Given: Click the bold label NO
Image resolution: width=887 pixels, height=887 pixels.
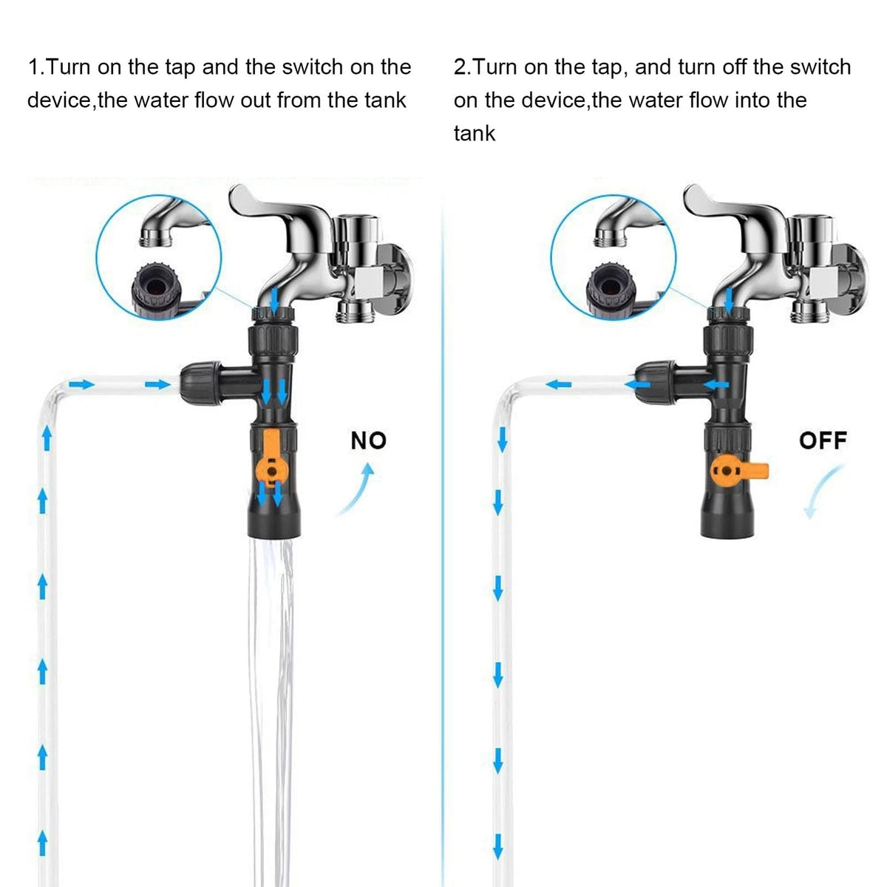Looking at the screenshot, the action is pos(368,441).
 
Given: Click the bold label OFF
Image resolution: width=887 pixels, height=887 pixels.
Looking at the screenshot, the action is pos(823,441).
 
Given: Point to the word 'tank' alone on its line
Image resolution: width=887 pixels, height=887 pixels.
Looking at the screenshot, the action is pos(474,134).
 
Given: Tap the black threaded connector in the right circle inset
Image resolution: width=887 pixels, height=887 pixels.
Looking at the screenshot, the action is pos(611,291).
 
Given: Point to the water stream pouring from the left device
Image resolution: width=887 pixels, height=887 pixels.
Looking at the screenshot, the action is pos(271,709).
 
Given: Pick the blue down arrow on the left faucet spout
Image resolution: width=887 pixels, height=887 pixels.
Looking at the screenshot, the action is pos(274,299).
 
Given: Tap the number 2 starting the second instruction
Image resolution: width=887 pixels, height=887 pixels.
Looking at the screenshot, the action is pos(460,67).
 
